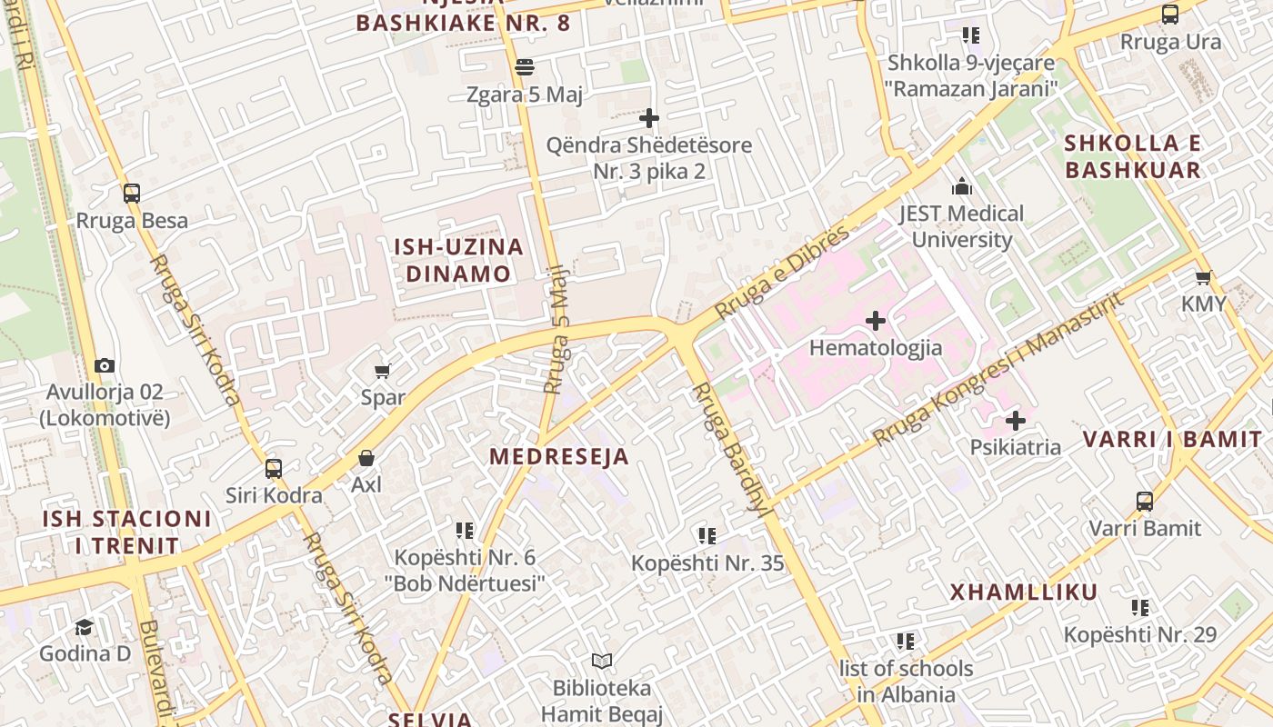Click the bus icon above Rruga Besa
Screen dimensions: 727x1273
point(132,193)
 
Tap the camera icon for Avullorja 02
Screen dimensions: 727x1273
point(105,365)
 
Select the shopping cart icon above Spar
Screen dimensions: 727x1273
point(383,371)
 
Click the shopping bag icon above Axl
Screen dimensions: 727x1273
point(366,458)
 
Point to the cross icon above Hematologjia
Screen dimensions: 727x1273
point(876,321)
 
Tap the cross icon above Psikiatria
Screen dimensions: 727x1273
point(1016,421)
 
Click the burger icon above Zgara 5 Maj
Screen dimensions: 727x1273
point(525,66)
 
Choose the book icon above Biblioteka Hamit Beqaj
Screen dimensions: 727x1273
point(601,661)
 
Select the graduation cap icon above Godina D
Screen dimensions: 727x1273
point(85,627)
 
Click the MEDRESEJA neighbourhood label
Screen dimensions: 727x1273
point(559,457)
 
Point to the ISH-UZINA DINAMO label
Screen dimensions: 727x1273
point(458,260)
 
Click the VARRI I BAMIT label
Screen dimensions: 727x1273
point(1172,440)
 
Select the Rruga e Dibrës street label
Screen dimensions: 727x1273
point(781,272)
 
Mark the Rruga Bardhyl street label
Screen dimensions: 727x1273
point(732,449)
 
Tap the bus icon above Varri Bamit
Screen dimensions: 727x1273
point(1145,502)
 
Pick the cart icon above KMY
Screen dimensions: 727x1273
point(1204,277)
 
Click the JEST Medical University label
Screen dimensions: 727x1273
point(961,226)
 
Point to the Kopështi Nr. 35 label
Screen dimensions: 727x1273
point(707,563)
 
